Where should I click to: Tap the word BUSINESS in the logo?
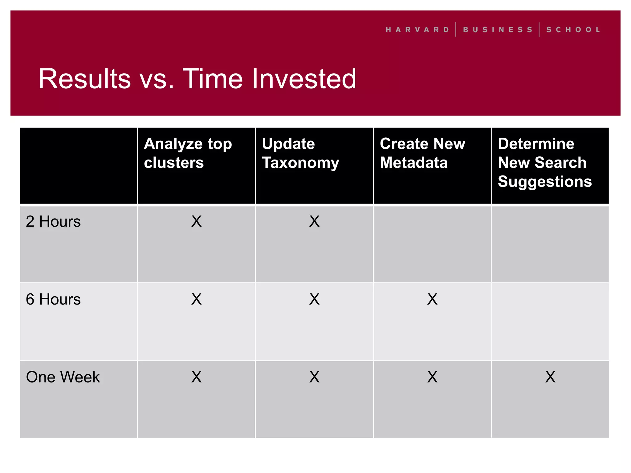click(x=498, y=30)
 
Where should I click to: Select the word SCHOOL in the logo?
click(x=573, y=30)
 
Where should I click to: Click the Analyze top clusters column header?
click(x=188, y=153)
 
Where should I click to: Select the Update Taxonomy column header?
click(x=300, y=153)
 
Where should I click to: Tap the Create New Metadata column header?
click(x=422, y=153)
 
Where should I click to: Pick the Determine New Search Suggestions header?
click(x=545, y=162)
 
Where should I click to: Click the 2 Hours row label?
click(x=53, y=221)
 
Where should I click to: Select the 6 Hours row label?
click(x=53, y=299)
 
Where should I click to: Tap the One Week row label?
click(x=63, y=377)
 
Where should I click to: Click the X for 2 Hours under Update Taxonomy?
click(x=314, y=221)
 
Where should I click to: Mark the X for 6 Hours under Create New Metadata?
click(x=432, y=299)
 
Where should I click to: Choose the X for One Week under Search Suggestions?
click(x=550, y=377)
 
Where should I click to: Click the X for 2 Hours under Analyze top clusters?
click(x=196, y=221)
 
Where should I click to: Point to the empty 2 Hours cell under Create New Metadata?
click(x=432, y=244)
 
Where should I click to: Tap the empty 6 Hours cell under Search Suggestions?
click(x=550, y=322)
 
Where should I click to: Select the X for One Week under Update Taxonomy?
click(x=314, y=377)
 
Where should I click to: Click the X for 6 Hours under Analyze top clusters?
click(x=196, y=299)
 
